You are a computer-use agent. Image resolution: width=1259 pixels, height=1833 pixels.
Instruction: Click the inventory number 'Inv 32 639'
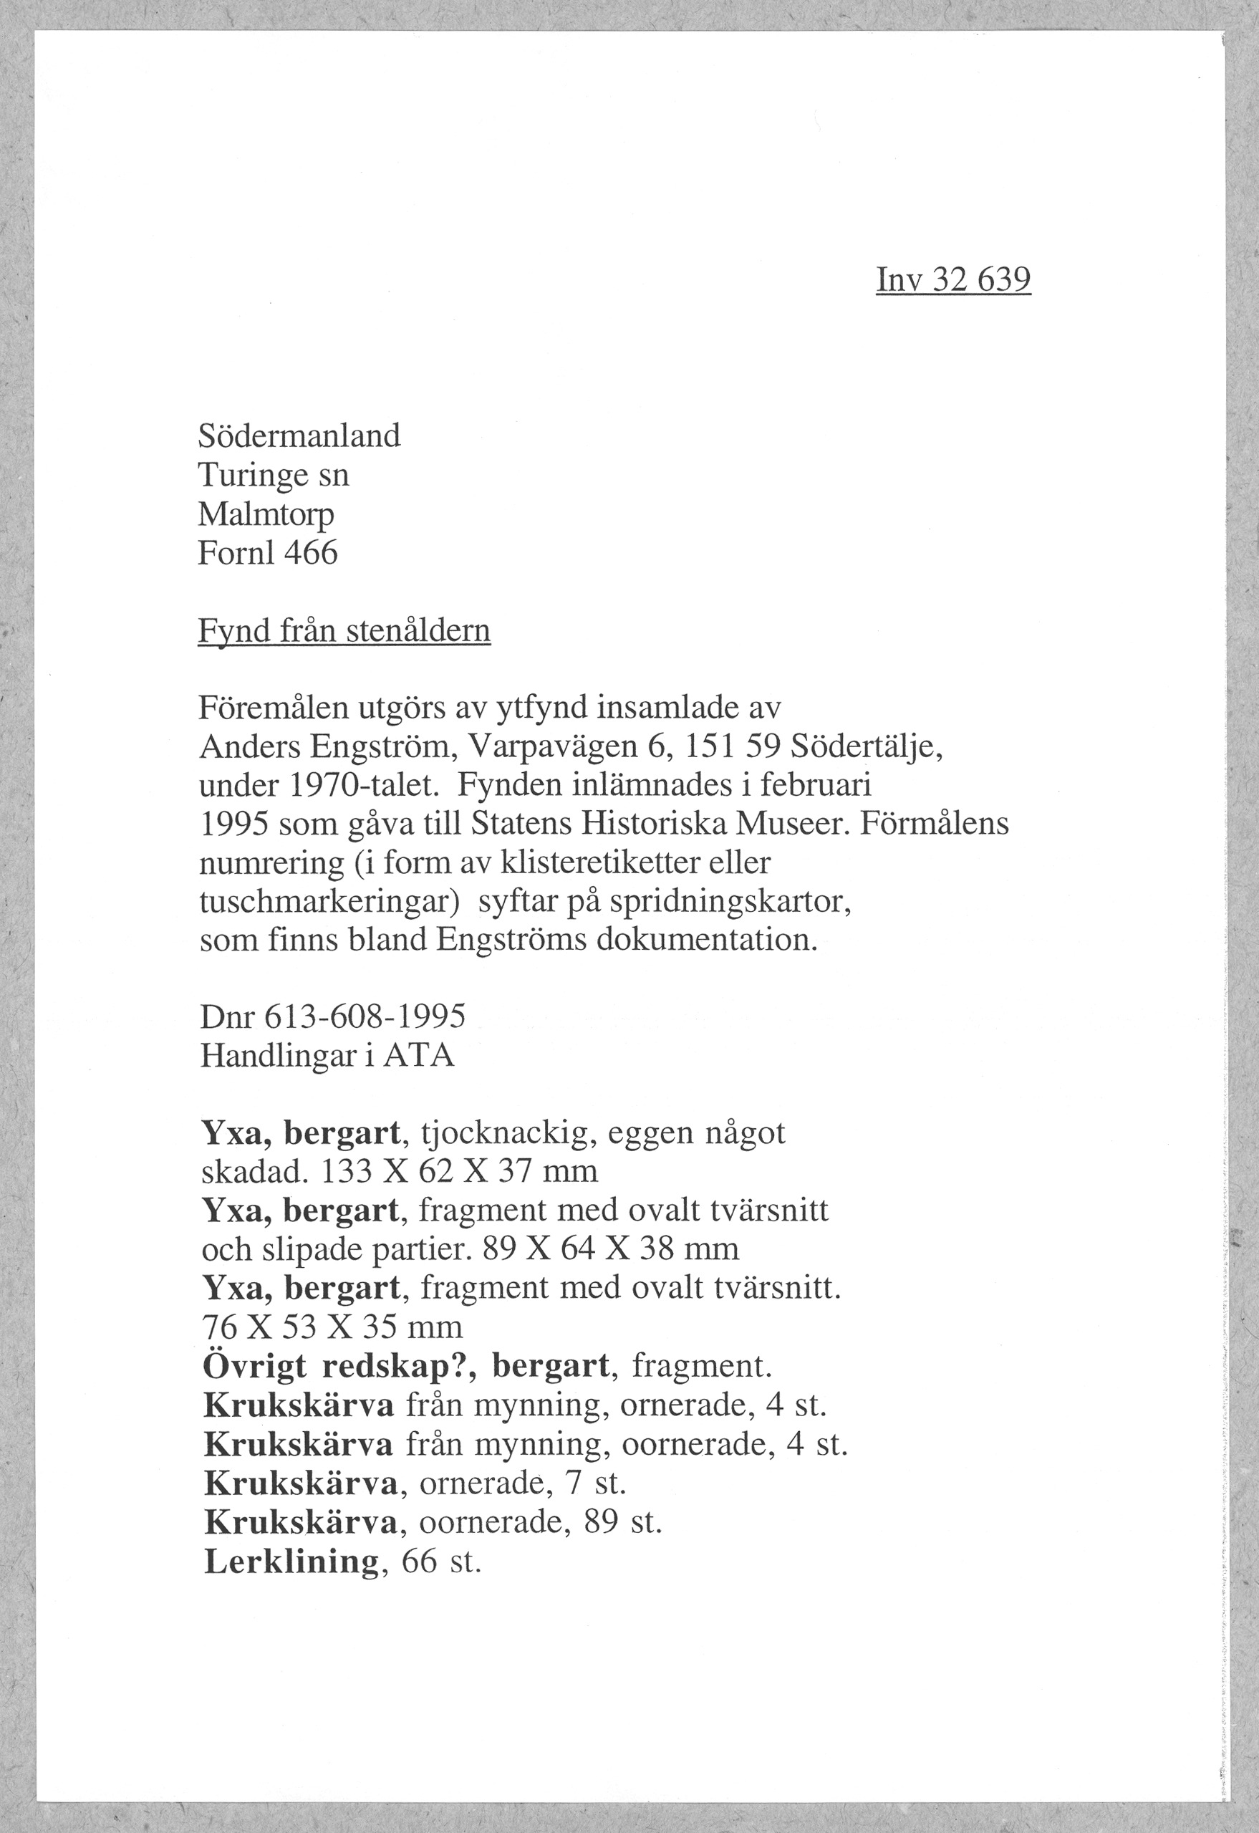click(953, 279)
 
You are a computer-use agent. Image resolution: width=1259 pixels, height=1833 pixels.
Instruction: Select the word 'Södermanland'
click(299, 436)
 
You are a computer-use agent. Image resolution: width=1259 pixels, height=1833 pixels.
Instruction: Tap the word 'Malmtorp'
click(266, 514)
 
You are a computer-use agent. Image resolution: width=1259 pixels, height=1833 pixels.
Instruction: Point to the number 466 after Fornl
click(311, 553)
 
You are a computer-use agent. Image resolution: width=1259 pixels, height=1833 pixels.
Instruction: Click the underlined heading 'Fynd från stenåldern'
click(344, 630)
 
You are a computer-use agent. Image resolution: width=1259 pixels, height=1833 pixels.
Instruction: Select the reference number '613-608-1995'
click(365, 1017)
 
